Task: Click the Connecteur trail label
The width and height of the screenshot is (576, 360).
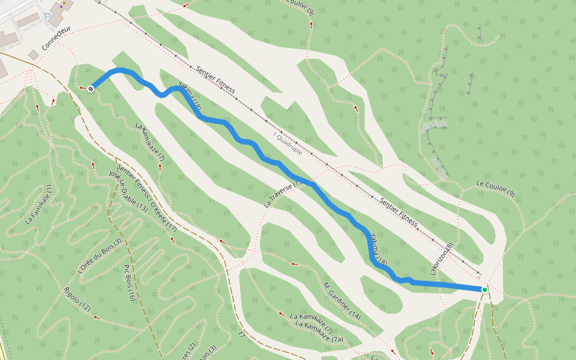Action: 56,37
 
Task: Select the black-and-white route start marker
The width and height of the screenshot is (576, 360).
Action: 91,89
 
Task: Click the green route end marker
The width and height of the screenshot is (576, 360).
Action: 484,289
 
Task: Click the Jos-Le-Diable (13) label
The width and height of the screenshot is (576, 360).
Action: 128,190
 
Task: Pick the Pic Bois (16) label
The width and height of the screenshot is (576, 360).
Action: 129,282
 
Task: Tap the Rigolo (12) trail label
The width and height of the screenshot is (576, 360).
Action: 77,299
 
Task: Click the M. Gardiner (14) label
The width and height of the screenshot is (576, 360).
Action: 342,300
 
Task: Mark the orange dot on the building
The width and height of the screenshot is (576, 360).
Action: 64,2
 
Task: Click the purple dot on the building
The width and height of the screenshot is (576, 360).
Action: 61,7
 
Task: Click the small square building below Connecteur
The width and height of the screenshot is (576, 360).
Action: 34,55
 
